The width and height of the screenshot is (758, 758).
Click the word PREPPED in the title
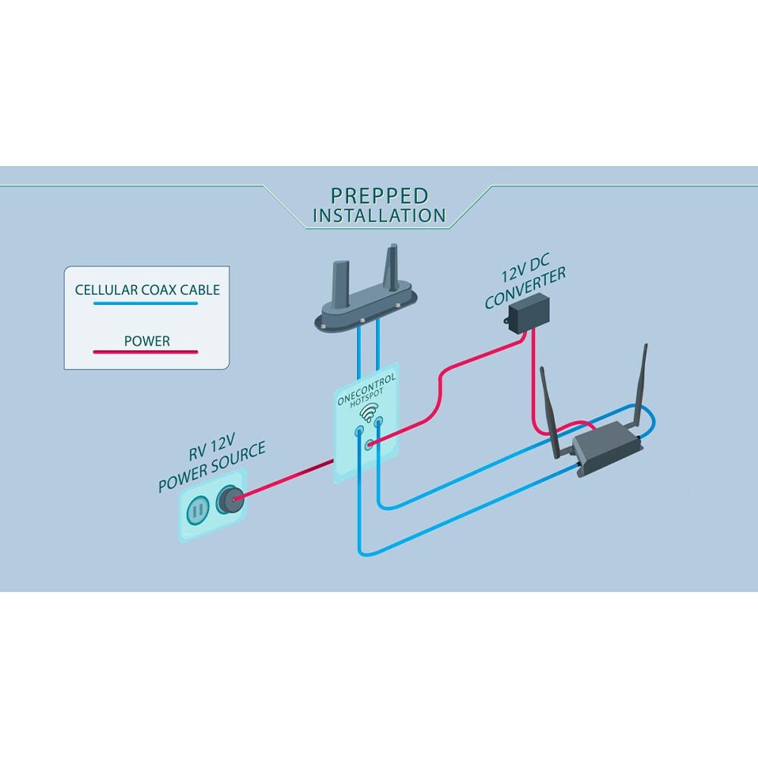(x=380, y=196)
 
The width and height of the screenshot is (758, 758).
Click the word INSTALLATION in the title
(x=380, y=215)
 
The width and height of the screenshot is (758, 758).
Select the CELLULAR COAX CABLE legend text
(x=147, y=290)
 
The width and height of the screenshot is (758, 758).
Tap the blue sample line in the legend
(x=146, y=304)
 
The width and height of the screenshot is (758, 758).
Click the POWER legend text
(x=147, y=341)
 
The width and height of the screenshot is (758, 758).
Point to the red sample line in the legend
(x=146, y=352)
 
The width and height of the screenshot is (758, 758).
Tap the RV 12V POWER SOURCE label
(x=211, y=462)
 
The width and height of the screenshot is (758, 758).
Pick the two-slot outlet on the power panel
(x=198, y=509)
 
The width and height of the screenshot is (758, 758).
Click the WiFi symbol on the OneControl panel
(x=368, y=413)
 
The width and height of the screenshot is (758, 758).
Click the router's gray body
(x=606, y=448)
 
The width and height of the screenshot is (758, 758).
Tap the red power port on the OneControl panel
(x=369, y=443)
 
